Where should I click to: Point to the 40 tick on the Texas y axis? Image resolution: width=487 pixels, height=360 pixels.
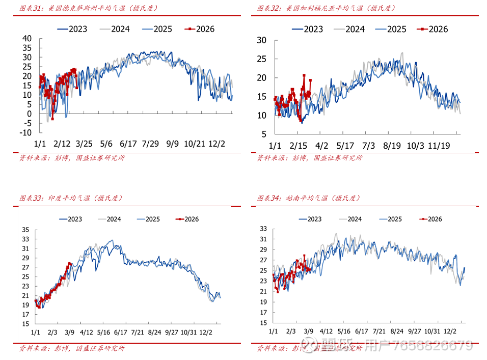tap(27, 39)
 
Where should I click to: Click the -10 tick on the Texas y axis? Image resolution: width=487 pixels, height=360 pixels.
tap(25, 132)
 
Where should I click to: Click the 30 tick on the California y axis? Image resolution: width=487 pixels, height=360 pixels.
tap(262, 41)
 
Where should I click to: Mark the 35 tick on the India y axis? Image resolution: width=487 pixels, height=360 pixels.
tap(26, 230)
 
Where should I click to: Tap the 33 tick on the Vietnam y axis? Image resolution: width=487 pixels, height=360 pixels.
tap(263, 228)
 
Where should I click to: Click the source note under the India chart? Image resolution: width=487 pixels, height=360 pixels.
tap(72, 349)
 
